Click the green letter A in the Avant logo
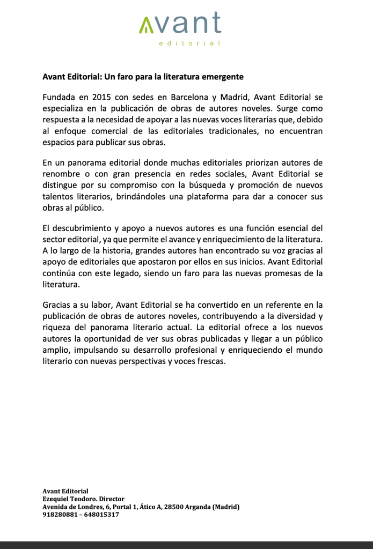click(x=145, y=25)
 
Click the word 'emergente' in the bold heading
click(x=221, y=77)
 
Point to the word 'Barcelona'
click(x=192, y=97)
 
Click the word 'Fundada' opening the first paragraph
click(x=60, y=97)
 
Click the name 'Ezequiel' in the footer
click(x=56, y=499)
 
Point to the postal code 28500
click(x=175, y=507)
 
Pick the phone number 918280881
click(x=58, y=514)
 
